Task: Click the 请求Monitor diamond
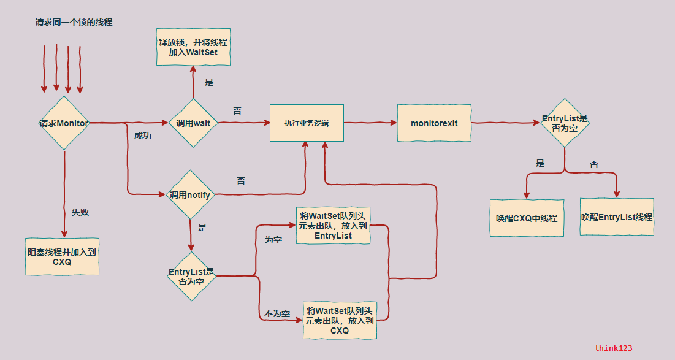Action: (64, 123)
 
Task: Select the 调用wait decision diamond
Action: (193, 123)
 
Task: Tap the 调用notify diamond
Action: (190, 195)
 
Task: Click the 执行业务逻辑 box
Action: (307, 123)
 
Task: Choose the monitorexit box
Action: (434, 123)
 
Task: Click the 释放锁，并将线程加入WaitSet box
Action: (193, 47)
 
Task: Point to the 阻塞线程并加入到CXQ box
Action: (62, 256)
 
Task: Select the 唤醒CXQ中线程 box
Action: (527, 217)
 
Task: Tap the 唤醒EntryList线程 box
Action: (617, 217)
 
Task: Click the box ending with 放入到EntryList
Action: (333, 225)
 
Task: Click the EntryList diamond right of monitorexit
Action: (565, 123)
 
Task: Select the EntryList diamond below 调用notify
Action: (191, 276)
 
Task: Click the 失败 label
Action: (80, 212)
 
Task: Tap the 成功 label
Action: (143, 136)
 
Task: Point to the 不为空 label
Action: (277, 313)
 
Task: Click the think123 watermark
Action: (613, 348)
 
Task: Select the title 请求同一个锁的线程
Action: (74, 23)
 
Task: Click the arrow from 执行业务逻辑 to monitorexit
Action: (370, 123)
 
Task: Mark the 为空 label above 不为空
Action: (273, 240)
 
